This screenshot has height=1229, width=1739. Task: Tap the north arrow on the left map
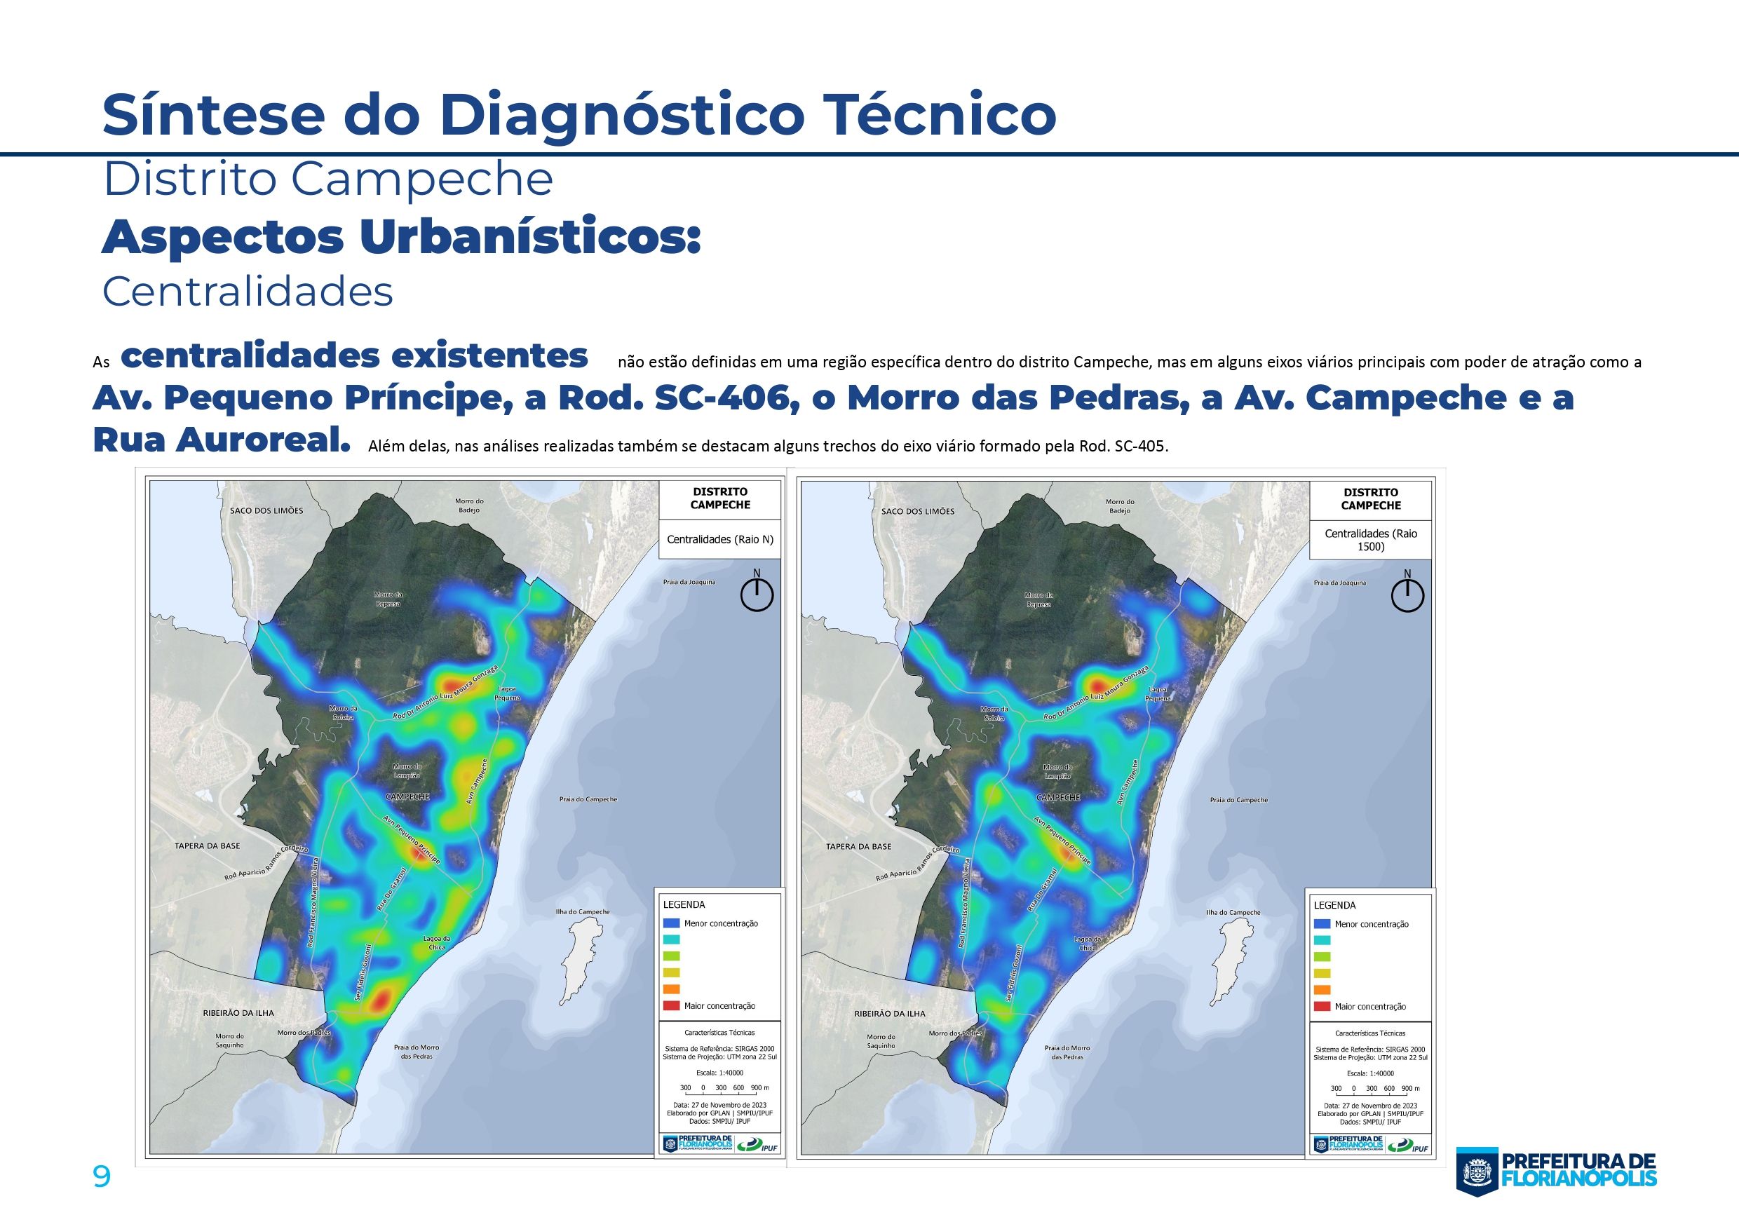(x=757, y=593)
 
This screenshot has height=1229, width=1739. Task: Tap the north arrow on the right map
(x=1407, y=594)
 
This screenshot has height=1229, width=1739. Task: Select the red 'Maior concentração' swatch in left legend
(x=671, y=1005)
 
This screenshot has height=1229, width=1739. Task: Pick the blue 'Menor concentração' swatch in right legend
(x=1322, y=924)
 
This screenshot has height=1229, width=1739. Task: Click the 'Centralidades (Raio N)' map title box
(x=719, y=540)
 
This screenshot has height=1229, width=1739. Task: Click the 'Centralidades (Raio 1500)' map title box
(x=1370, y=540)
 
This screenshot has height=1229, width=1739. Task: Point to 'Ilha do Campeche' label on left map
(x=583, y=911)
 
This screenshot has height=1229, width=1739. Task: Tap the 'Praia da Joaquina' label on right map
(x=1340, y=583)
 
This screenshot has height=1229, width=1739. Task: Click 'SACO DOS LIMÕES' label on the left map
(x=266, y=510)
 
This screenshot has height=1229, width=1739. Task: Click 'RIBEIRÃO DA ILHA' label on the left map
(x=238, y=1012)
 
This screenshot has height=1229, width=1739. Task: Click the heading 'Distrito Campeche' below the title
(x=327, y=179)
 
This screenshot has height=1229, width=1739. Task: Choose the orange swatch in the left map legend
(x=671, y=989)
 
